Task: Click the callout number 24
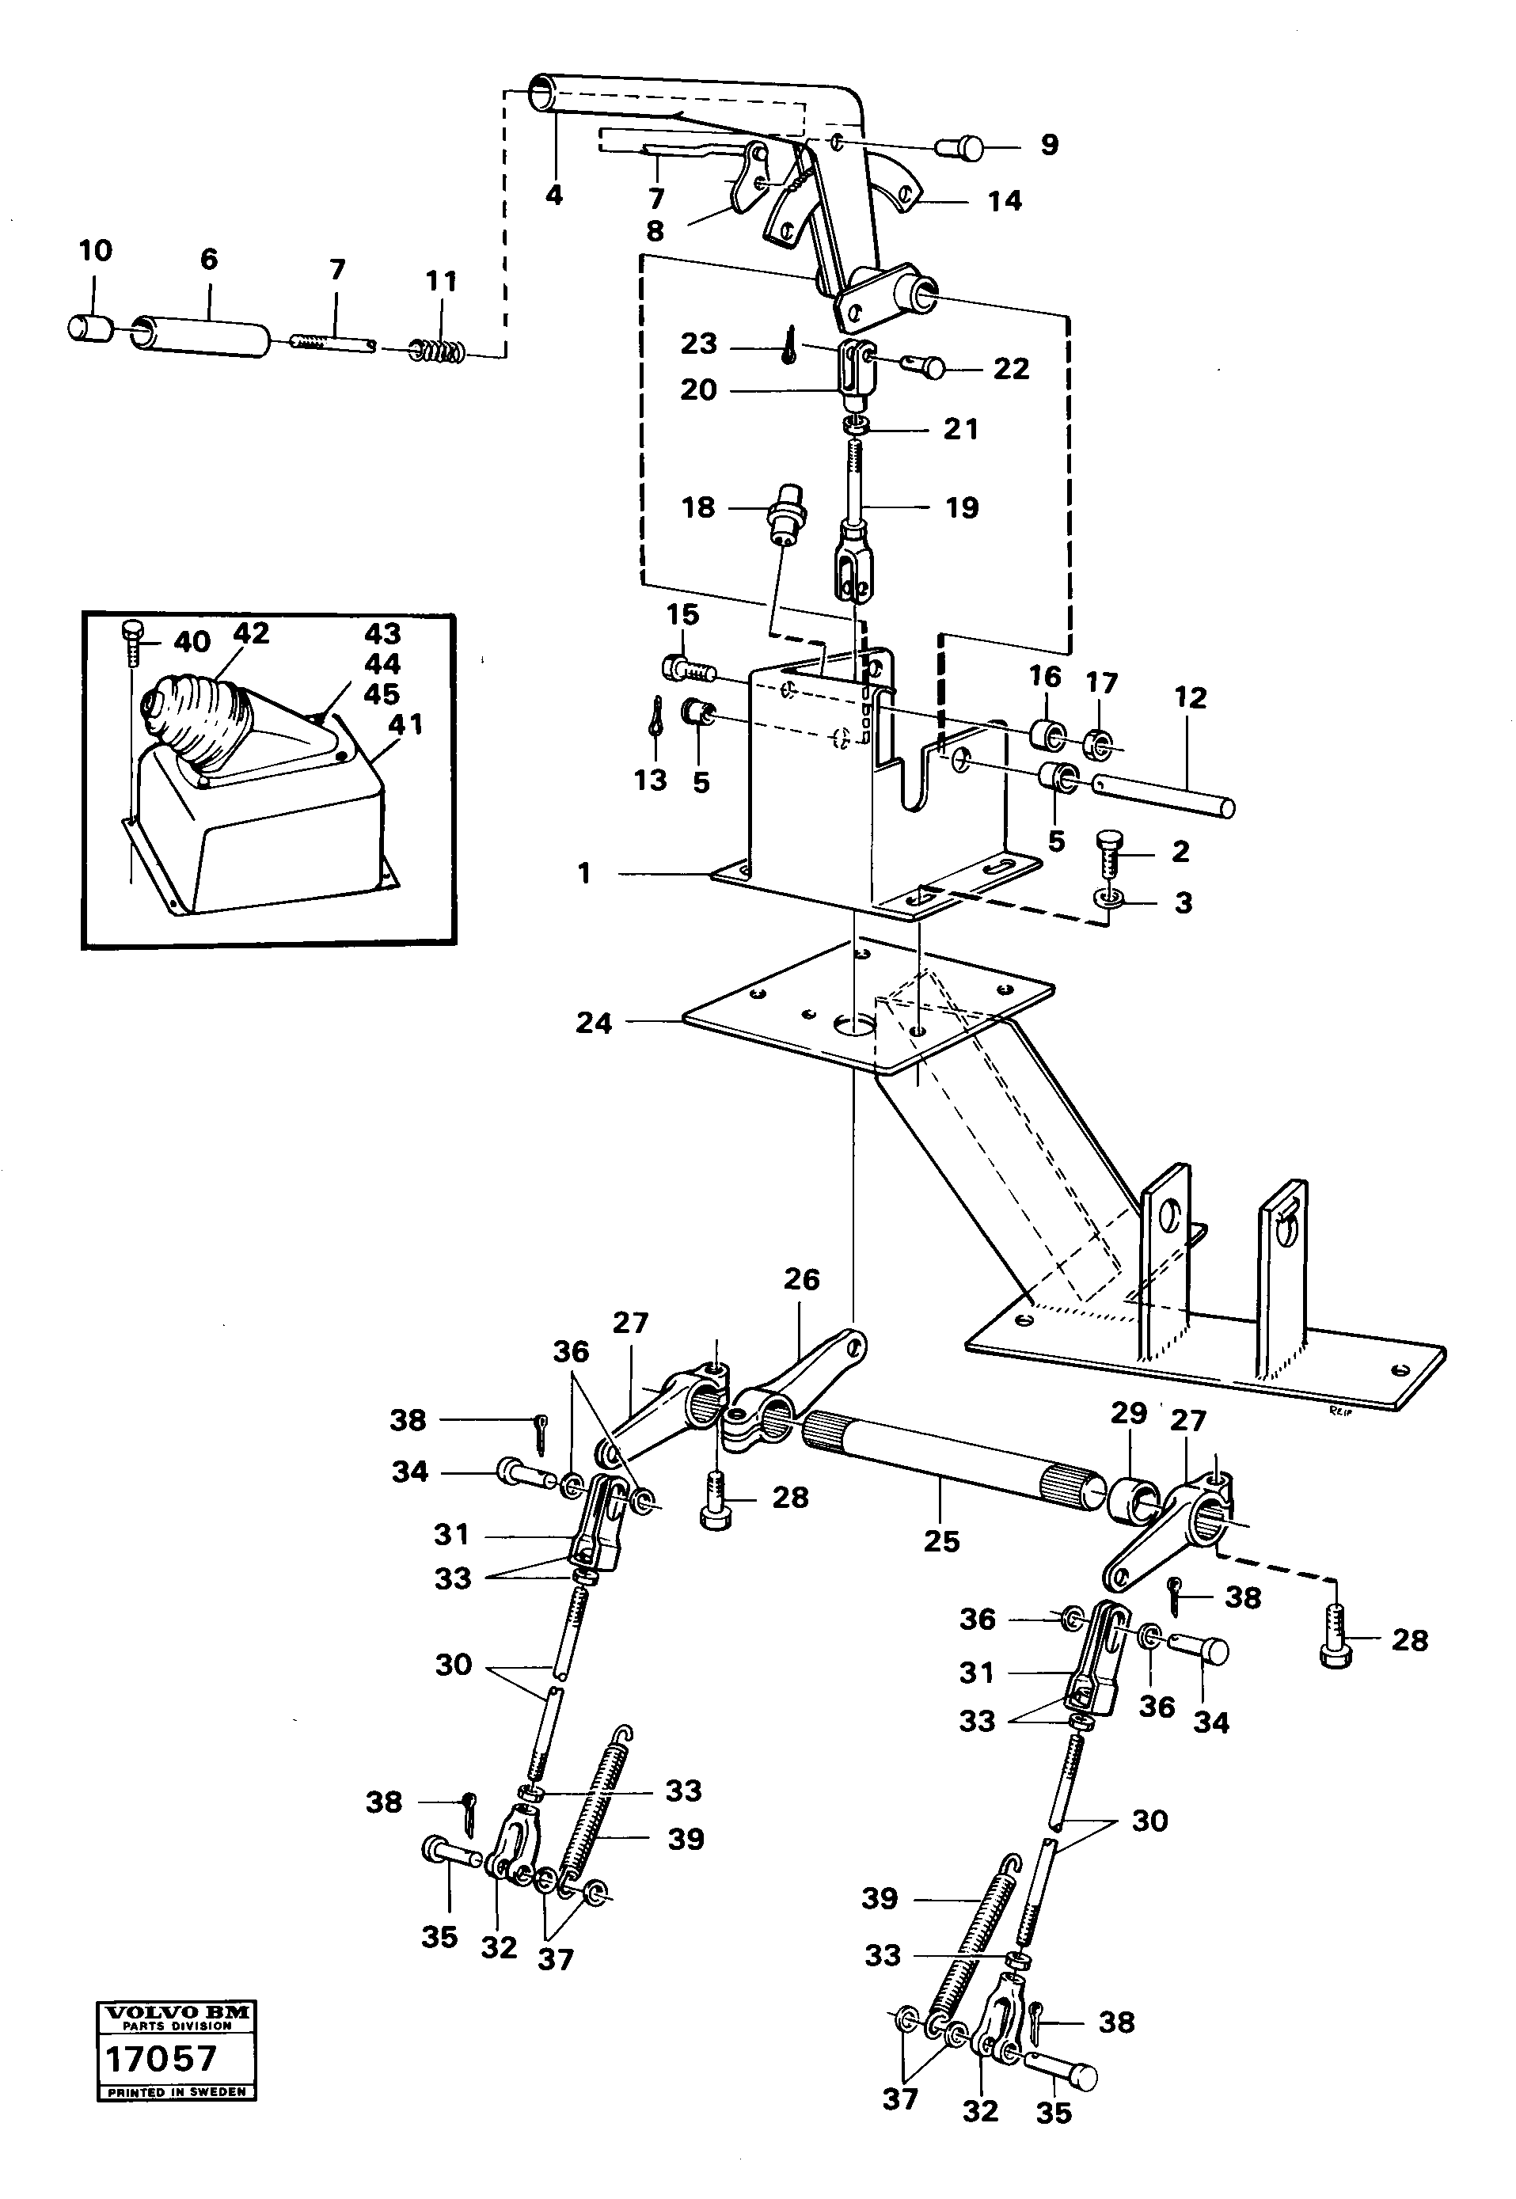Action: click(594, 1023)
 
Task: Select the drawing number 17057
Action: click(161, 2058)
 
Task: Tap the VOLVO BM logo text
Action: click(177, 2012)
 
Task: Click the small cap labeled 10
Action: click(89, 328)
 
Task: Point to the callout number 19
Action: click(961, 507)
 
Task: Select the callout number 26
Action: click(800, 1279)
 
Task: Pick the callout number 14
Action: click(1004, 200)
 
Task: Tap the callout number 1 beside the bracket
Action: click(584, 873)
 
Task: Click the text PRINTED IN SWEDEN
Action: click(177, 2091)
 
